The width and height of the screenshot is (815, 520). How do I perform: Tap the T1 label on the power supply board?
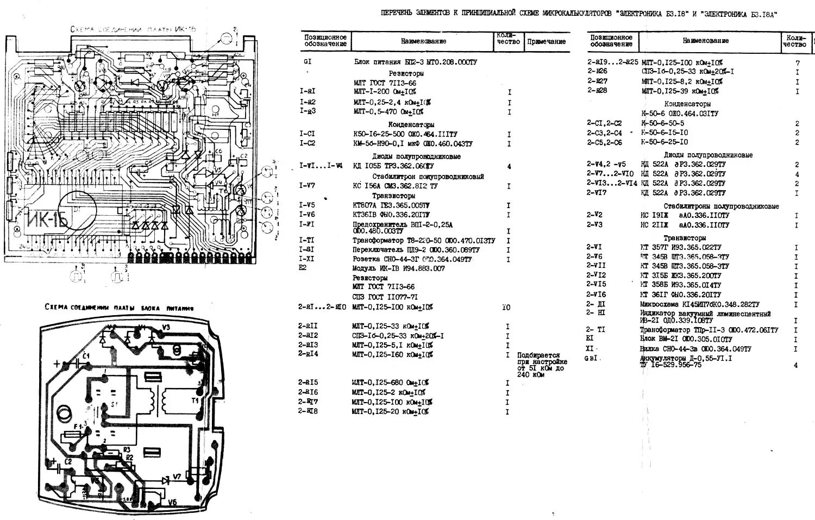(x=196, y=400)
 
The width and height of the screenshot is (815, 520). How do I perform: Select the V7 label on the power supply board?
(x=177, y=477)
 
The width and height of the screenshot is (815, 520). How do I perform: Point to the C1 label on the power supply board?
(x=86, y=355)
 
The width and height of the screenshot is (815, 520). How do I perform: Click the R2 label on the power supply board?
(x=129, y=458)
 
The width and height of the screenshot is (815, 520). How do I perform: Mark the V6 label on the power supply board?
(x=172, y=502)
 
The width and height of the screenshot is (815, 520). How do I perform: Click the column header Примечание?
(x=546, y=41)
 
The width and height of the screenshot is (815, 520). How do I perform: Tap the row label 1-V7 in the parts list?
(x=307, y=186)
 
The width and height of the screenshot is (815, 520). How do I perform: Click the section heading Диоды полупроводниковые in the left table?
(x=416, y=156)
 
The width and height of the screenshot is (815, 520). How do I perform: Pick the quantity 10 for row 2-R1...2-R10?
(x=506, y=308)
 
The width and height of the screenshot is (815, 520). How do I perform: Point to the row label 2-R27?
(x=597, y=81)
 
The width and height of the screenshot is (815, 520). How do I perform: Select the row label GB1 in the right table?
(x=592, y=358)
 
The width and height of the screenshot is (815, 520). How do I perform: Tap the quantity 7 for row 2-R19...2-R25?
(x=797, y=63)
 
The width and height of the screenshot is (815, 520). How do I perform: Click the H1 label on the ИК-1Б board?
(x=215, y=114)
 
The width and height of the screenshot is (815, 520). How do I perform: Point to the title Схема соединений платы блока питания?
(x=119, y=308)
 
